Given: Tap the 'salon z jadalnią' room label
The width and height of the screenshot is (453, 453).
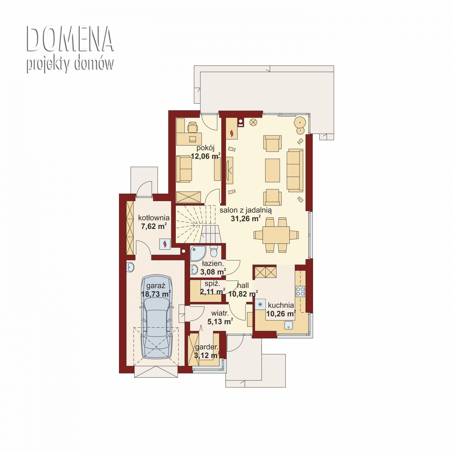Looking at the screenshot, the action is (x=246, y=210).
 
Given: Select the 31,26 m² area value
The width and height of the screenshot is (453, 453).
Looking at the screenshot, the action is (x=246, y=218).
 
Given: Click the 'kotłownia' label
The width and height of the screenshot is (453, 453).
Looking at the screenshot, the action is (x=154, y=218).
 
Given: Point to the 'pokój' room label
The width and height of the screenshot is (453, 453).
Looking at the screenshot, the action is (x=205, y=148).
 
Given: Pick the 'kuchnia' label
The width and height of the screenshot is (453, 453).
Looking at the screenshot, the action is (x=281, y=305).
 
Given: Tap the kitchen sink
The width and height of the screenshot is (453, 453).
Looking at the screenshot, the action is (x=289, y=325).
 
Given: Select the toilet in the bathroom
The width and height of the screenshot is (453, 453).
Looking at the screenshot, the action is (x=214, y=251).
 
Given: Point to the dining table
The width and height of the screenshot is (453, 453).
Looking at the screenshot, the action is (x=276, y=235).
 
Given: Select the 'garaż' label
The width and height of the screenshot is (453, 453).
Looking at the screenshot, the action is (x=156, y=286).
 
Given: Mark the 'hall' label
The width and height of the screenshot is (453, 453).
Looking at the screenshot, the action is (x=243, y=285).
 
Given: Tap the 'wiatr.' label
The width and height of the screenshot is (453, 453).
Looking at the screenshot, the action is (x=220, y=313).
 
